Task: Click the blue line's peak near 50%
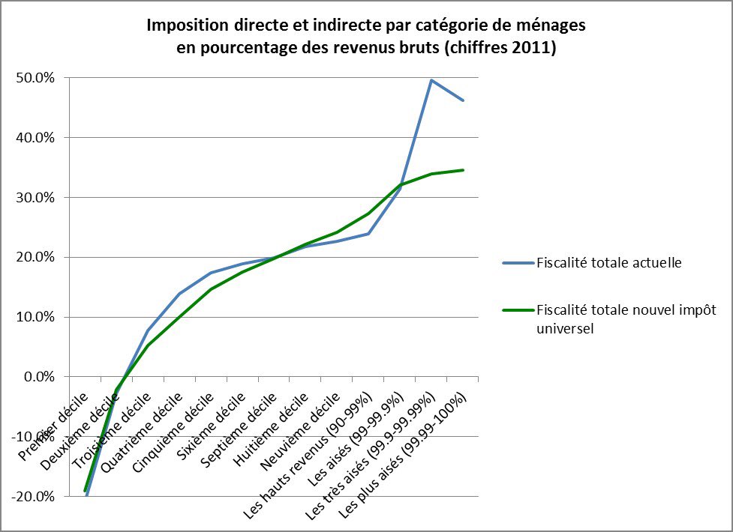tap(431, 80)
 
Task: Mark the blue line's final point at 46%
tap(463, 100)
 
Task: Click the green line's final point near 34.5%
tap(463, 170)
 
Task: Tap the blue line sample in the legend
tap(518, 262)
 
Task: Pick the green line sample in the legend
tap(518, 311)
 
